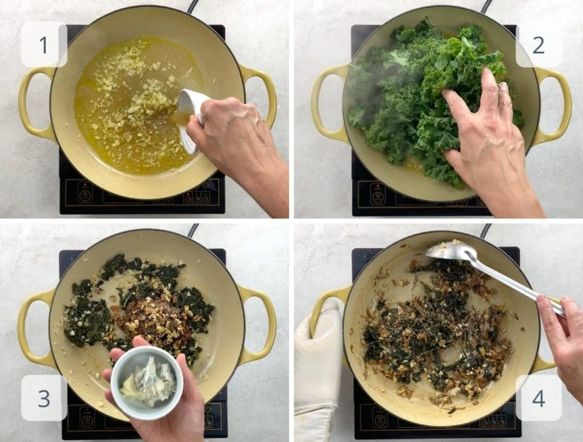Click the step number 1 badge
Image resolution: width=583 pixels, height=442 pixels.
44,44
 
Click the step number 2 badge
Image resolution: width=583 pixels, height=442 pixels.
538,44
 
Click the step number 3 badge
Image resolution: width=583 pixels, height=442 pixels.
44,398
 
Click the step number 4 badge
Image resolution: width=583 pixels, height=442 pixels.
538,398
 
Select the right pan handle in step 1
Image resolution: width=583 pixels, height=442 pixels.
260,95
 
